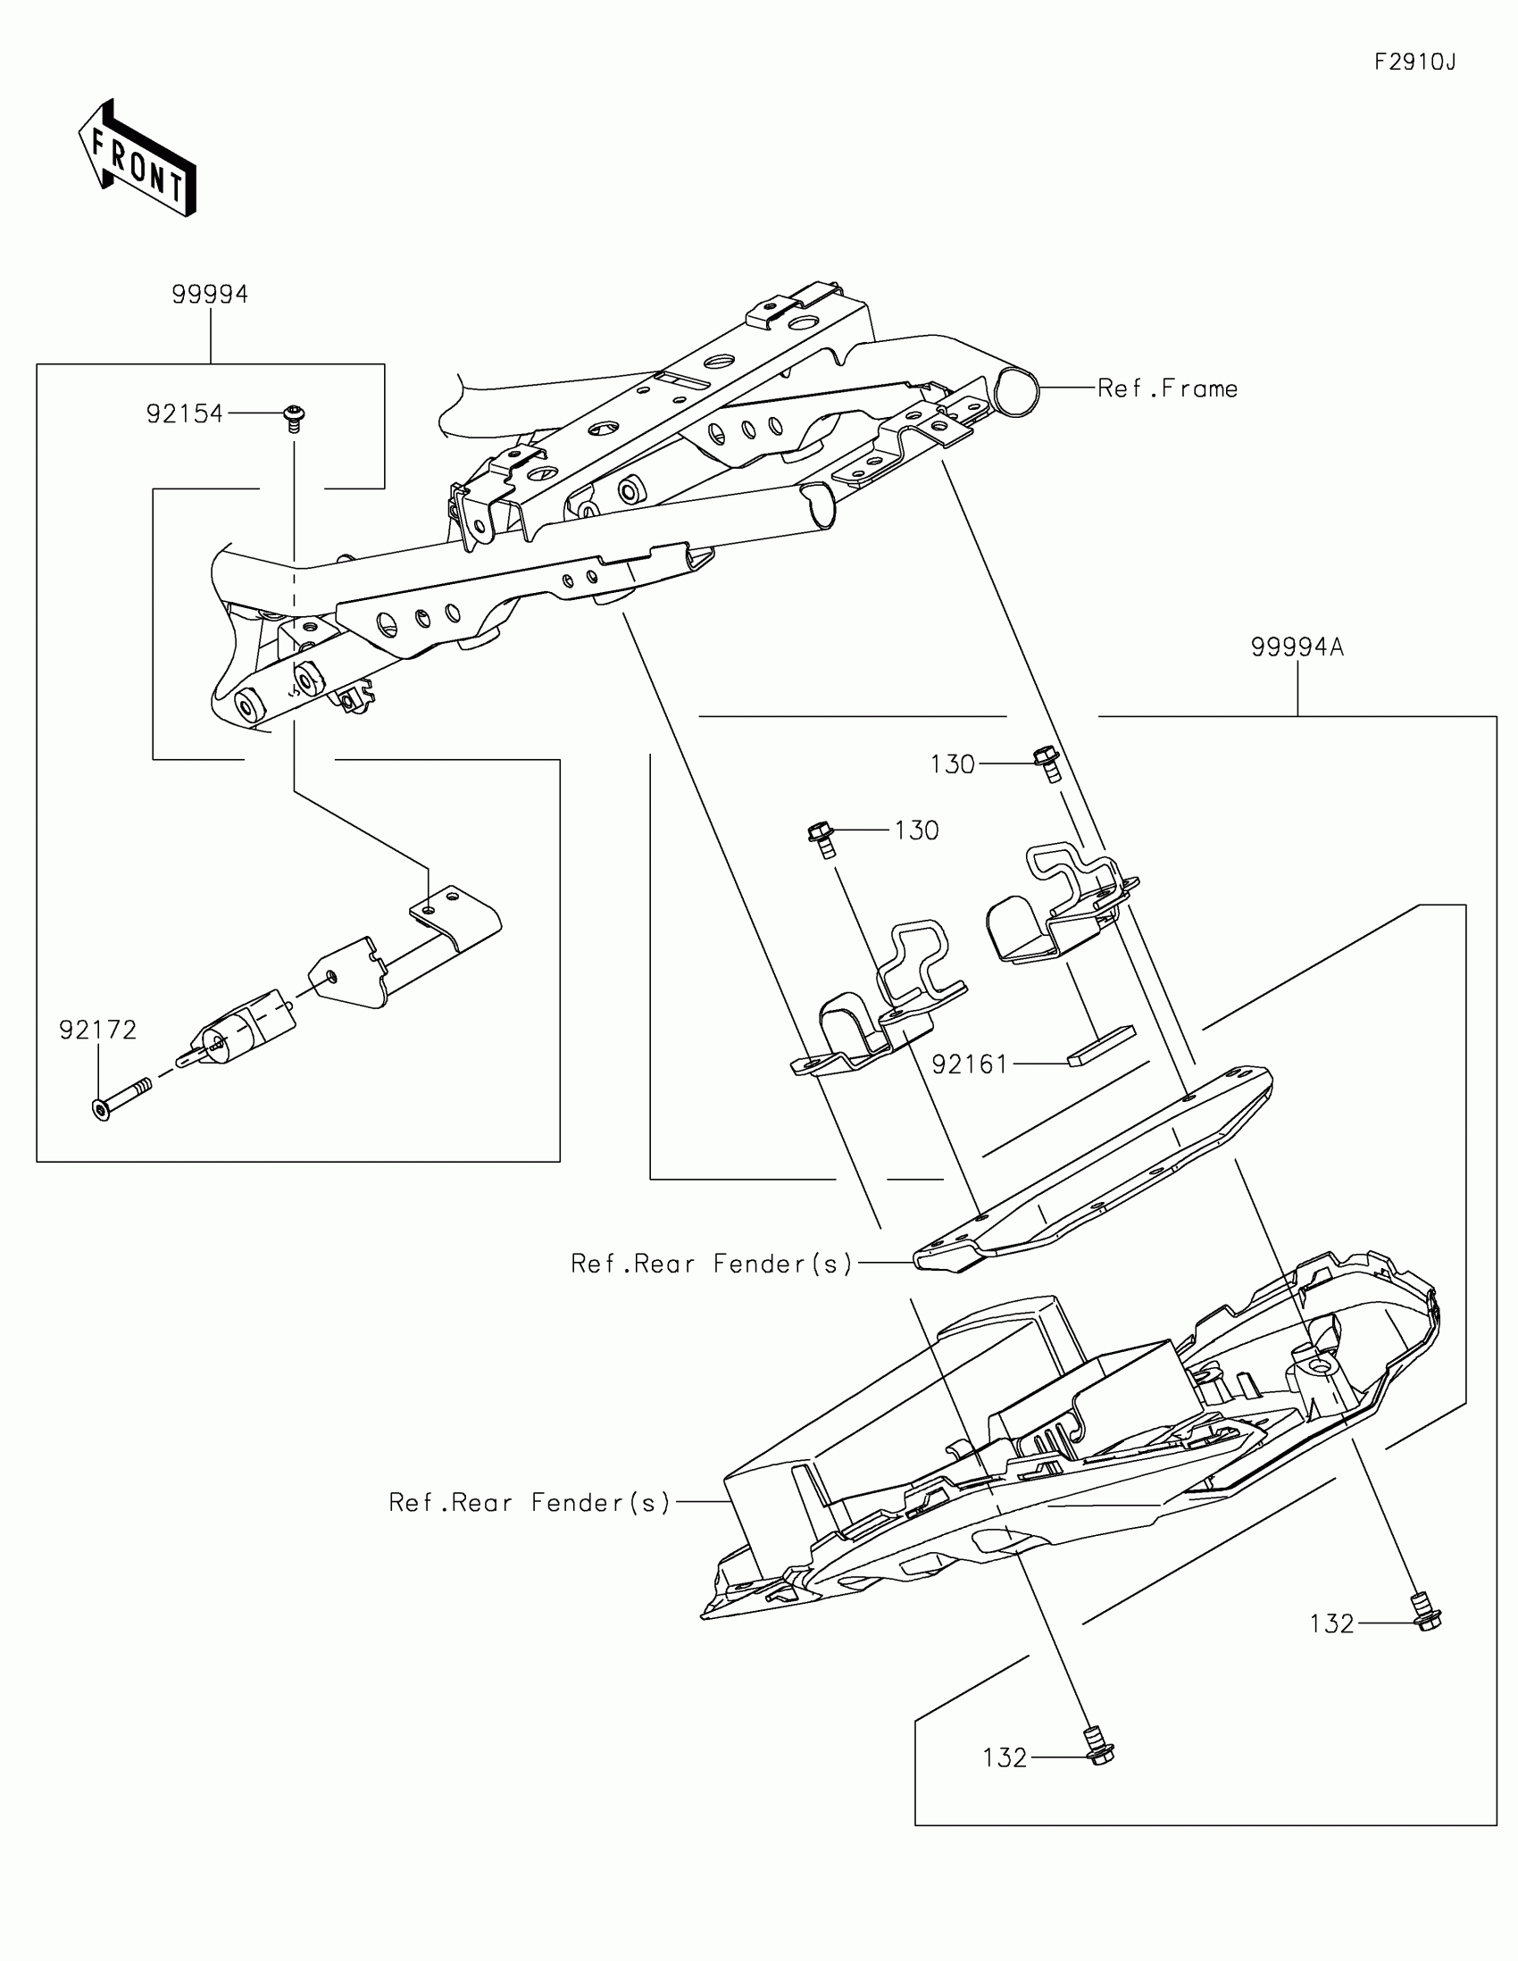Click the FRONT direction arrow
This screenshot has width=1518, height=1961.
(138, 159)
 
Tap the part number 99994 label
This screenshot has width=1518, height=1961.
(210, 295)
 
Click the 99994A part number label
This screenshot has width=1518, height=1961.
(1297, 647)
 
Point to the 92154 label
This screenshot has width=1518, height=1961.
(185, 414)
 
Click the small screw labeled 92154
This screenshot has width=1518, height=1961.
(293, 419)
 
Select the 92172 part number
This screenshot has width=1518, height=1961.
(98, 1030)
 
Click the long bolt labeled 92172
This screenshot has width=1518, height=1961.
(121, 1098)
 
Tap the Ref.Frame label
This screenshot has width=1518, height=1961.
(1168, 388)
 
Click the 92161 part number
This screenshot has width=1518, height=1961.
(971, 1064)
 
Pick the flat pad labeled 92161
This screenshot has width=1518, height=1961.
(1102, 1045)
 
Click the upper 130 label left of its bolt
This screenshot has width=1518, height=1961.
(953, 764)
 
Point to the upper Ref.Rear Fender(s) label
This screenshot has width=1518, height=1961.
(711, 1264)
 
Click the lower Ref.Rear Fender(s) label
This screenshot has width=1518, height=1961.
(530, 1503)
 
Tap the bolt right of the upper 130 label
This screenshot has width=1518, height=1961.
(1048, 764)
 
